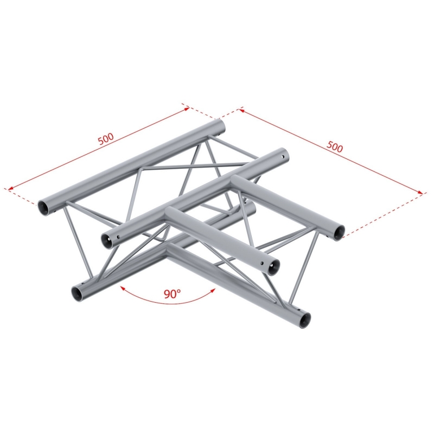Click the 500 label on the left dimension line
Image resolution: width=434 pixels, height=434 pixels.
(x=106, y=139)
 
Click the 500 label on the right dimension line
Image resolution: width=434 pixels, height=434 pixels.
(x=335, y=146)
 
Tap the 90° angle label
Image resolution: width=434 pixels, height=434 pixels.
(x=172, y=293)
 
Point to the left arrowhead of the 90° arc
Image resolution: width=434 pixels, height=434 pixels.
(x=122, y=288)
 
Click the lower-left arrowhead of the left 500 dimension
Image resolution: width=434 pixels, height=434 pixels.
(x=10, y=189)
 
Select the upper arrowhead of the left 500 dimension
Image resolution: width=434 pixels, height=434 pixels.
(x=187, y=108)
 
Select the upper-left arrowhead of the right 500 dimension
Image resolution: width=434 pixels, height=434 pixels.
(x=241, y=111)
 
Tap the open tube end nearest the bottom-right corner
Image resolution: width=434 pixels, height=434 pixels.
(x=305, y=321)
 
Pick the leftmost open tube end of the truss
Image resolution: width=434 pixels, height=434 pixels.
(x=43, y=208)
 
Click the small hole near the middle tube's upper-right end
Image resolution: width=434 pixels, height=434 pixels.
(x=283, y=157)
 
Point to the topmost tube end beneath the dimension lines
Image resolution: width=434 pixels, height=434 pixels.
(x=220, y=126)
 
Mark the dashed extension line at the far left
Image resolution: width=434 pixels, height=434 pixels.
(x=22, y=196)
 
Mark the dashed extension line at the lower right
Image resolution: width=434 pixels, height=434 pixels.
(x=383, y=215)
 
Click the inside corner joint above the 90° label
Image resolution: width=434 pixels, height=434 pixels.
(x=168, y=247)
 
